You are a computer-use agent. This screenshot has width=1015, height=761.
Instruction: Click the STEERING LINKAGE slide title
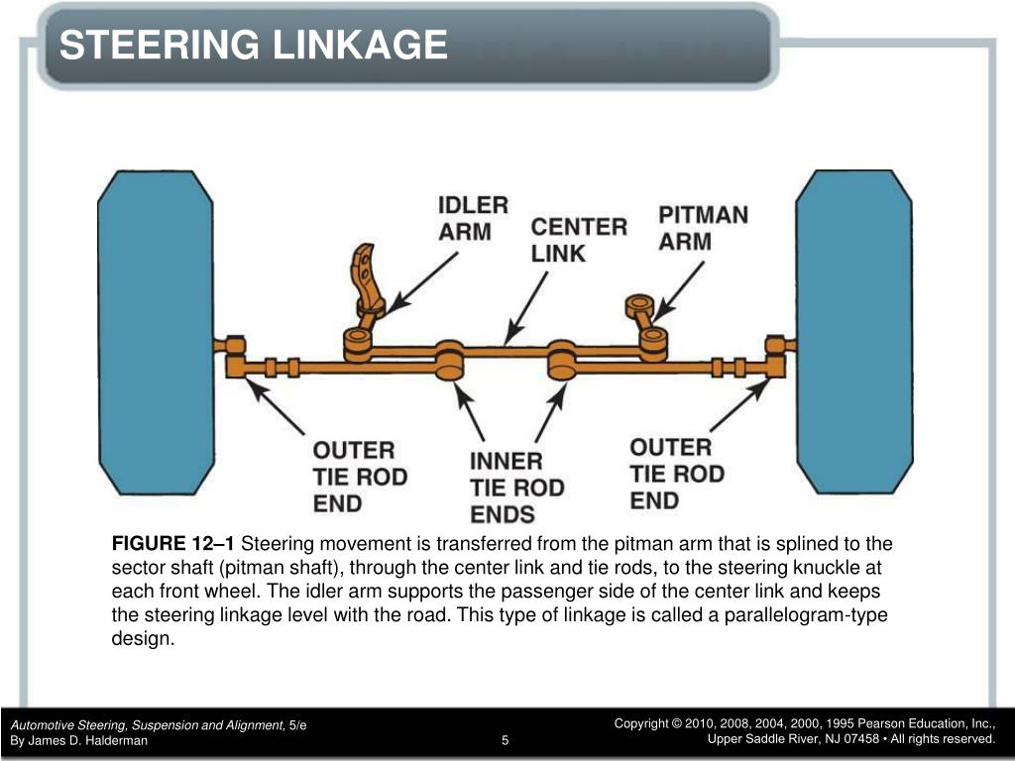(253, 46)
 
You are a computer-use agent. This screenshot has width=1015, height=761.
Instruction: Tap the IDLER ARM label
(473, 218)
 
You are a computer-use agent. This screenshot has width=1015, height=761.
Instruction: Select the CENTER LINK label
(579, 240)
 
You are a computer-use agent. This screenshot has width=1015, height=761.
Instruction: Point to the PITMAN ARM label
(703, 228)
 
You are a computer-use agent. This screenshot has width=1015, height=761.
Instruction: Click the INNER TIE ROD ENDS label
(517, 488)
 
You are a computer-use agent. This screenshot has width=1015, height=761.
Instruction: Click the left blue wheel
(156, 333)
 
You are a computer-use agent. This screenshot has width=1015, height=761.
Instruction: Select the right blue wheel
(853, 332)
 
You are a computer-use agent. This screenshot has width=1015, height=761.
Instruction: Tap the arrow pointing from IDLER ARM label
(422, 283)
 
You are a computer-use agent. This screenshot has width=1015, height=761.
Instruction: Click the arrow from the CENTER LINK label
(525, 308)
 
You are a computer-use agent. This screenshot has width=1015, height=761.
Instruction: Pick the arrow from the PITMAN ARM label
(678, 291)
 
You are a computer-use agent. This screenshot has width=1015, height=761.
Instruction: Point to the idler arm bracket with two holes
(366, 279)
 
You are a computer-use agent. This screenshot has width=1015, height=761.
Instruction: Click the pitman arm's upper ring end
(639, 306)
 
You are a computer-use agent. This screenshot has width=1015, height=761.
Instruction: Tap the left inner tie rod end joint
(449, 360)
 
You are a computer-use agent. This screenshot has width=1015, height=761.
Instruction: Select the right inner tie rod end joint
(563, 360)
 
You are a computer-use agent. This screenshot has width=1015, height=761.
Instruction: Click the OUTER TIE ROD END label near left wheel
(360, 477)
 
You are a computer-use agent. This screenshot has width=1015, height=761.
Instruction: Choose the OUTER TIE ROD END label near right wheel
(676, 474)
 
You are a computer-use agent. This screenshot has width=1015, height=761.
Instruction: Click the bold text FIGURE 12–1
(172, 544)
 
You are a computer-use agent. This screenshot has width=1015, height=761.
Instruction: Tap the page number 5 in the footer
(505, 740)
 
